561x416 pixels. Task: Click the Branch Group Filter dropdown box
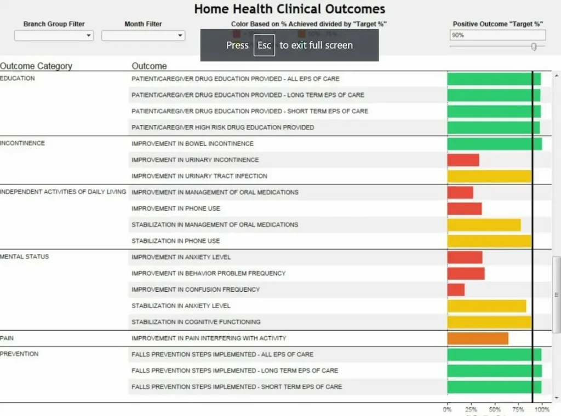[54, 36]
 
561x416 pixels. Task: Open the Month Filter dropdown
[143, 36]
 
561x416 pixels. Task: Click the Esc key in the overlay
[264, 45]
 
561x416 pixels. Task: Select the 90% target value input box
[497, 35]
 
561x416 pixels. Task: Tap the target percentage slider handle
[534, 47]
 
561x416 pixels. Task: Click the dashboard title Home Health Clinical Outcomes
[290, 9]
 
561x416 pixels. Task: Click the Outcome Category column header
[36, 66]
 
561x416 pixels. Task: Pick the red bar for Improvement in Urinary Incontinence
[463, 160]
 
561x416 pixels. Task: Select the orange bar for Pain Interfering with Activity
[478, 338]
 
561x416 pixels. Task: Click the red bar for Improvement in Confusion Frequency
[456, 290]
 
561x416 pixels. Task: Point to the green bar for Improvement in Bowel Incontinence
[495, 144]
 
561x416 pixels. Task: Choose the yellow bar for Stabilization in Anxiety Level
[486, 306]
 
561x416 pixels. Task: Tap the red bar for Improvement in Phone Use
[465, 209]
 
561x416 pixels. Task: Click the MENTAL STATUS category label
[25, 257]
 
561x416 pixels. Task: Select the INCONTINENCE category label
[22, 143]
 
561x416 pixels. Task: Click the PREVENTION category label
[19, 354]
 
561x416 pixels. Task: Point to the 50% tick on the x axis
[495, 409]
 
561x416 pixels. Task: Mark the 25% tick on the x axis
[471, 409]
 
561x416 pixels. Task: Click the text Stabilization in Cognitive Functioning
[196, 322]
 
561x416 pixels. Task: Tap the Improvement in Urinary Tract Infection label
[199, 176]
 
